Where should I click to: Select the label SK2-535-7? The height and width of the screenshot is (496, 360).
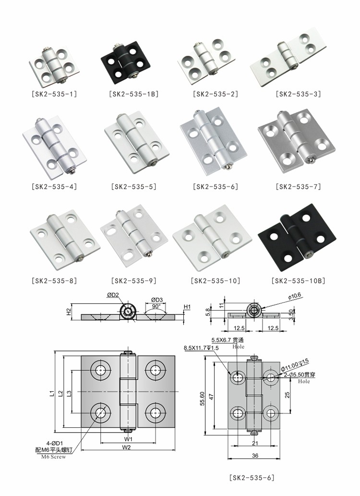coord(298,187)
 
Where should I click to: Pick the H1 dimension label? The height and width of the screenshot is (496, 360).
coord(188,307)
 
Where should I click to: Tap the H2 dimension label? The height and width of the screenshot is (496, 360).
coord(68,312)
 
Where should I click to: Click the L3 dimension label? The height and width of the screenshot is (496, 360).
coord(69,393)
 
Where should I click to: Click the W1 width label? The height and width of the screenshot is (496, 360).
coord(128,438)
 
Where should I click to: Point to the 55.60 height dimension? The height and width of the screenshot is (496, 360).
coord(203,397)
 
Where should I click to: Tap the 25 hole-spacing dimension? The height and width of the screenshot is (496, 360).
coord(287,394)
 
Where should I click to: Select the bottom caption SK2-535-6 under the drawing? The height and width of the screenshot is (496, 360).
coord(252,477)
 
